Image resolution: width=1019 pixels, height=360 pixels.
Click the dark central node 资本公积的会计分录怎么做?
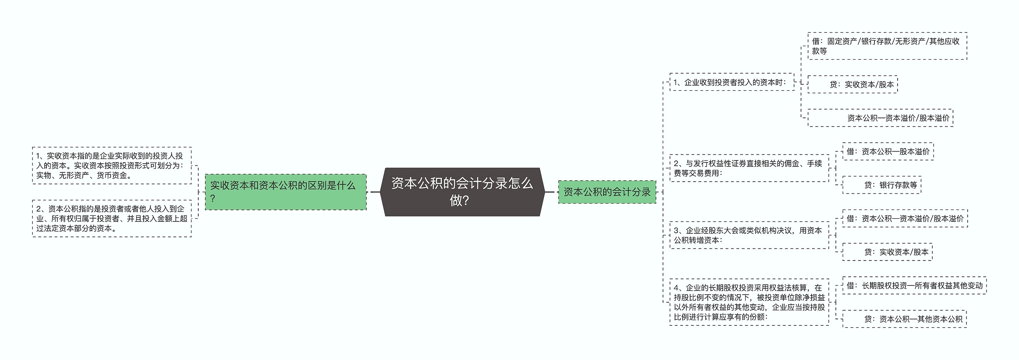pos(462,192)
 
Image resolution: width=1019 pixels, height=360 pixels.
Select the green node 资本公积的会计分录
pos(607,192)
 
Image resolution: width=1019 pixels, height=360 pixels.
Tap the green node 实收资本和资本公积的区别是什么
pos(286,192)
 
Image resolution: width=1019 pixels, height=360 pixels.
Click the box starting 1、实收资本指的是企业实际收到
pos(112,166)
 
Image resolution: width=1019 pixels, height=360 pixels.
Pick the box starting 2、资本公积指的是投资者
pos(112,219)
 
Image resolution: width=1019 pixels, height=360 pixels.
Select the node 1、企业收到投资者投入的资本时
pos(732,82)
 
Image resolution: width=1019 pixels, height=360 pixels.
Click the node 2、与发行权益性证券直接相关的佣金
pos(750,168)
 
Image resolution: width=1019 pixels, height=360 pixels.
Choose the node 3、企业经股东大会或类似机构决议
pos(750,235)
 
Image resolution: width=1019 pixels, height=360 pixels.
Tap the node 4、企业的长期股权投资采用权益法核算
pos(750,302)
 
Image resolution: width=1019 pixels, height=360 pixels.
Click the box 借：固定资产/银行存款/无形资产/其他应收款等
pos(887,46)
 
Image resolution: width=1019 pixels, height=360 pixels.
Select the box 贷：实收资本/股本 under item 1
pos(853,84)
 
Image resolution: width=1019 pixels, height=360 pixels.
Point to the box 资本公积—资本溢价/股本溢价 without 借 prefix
pos(880,118)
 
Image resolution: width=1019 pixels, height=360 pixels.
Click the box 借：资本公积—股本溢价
pos(888,151)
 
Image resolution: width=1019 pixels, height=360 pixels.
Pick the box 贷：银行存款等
pos(882,185)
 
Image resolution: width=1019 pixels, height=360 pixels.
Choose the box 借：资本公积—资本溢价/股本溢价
pos(905,218)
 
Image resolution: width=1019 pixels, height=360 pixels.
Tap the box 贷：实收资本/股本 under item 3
pos(887,252)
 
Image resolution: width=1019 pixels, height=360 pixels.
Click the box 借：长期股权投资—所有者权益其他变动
pos(914,285)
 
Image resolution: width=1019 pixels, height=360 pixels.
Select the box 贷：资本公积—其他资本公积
pos(904,319)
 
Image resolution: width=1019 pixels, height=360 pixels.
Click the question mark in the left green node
pos(213,198)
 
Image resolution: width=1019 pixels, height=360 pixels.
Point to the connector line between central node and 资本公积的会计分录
pos(551,192)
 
